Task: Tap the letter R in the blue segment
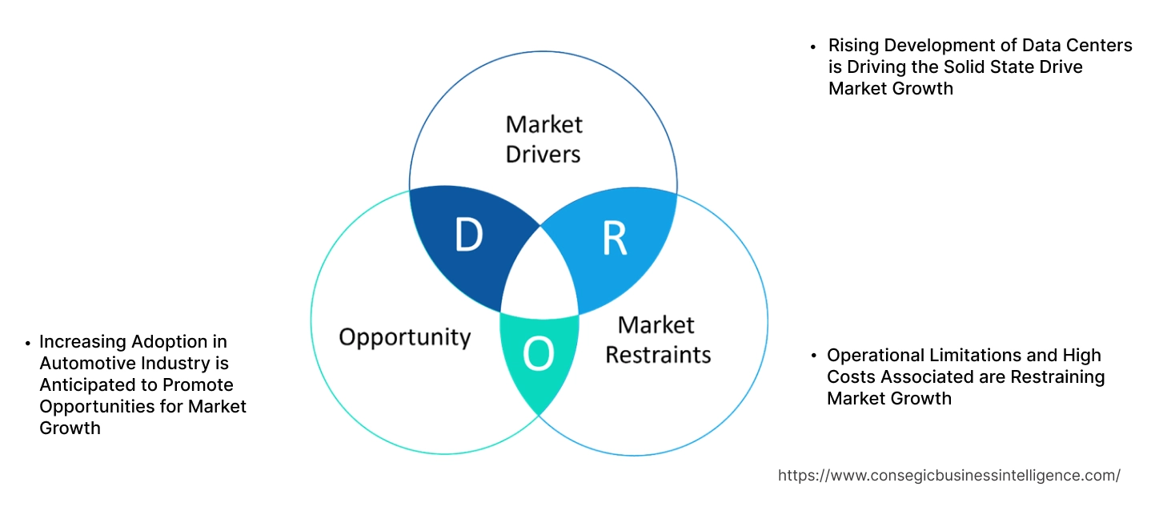click(x=614, y=239)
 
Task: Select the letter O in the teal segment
click(x=538, y=356)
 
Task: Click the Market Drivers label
click(x=543, y=139)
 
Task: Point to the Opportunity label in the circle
click(x=404, y=336)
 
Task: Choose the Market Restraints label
click(x=657, y=339)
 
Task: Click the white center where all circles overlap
click(x=539, y=276)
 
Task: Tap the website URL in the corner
click(x=948, y=475)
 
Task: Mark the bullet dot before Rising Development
click(x=813, y=46)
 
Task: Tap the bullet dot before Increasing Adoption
click(x=28, y=343)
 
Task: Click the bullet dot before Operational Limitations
click(x=813, y=356)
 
